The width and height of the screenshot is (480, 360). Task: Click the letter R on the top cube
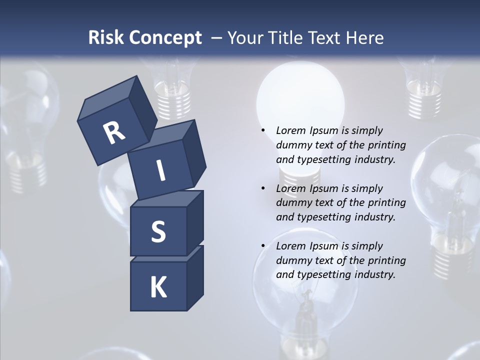(114, 133)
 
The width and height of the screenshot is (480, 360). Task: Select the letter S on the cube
(158, 232)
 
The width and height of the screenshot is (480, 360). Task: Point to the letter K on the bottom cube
(158, 287)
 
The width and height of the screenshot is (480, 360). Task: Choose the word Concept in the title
(164, 37)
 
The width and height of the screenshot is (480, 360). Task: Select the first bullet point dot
(263, 130)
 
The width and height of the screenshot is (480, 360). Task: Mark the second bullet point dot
(263, 188)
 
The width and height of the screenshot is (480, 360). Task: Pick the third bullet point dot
(263, 246)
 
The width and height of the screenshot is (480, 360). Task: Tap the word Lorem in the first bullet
(289, 130)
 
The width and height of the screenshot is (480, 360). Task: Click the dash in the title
(217, 37)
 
